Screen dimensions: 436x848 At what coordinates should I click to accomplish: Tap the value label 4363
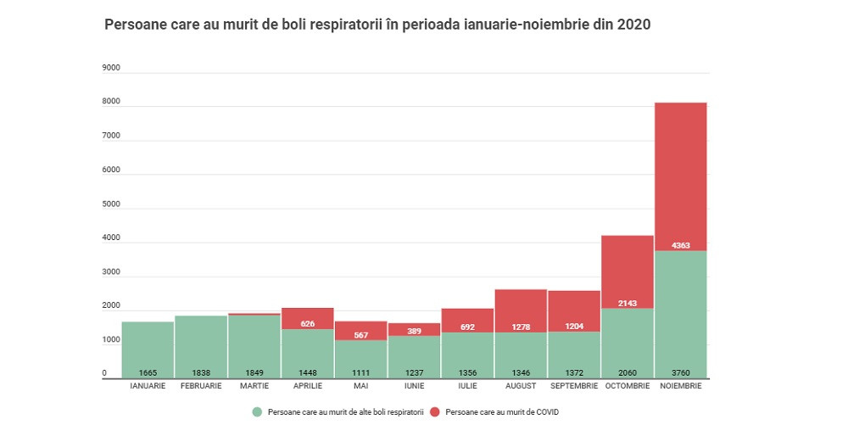coord(680,246)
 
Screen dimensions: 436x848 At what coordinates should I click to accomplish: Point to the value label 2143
coord(627,303)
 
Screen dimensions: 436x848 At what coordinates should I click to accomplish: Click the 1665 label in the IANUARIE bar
coord(148,372)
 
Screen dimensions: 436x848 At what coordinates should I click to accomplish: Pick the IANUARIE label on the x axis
coord(148,386)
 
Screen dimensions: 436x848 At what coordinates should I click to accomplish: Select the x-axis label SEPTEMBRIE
coord(573,386)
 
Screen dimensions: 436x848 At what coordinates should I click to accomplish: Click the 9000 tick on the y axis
coord(110,68)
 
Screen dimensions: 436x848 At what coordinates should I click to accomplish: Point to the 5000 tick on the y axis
coord(110,204)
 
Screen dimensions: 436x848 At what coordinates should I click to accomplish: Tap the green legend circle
coord(257,412)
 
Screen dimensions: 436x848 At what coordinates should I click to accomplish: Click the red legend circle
coord(435,412)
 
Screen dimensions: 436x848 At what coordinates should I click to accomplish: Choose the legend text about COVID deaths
coord(502,412)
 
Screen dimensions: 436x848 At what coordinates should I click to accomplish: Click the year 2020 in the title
coord(633,25)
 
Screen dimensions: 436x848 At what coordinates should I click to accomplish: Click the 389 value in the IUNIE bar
coord(414,330)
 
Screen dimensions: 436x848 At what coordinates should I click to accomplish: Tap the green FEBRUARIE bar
coord(201,344)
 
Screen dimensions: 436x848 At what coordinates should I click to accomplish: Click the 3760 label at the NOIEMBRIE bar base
coord(680,372)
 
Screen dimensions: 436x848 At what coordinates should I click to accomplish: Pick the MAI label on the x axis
coord(360,386)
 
